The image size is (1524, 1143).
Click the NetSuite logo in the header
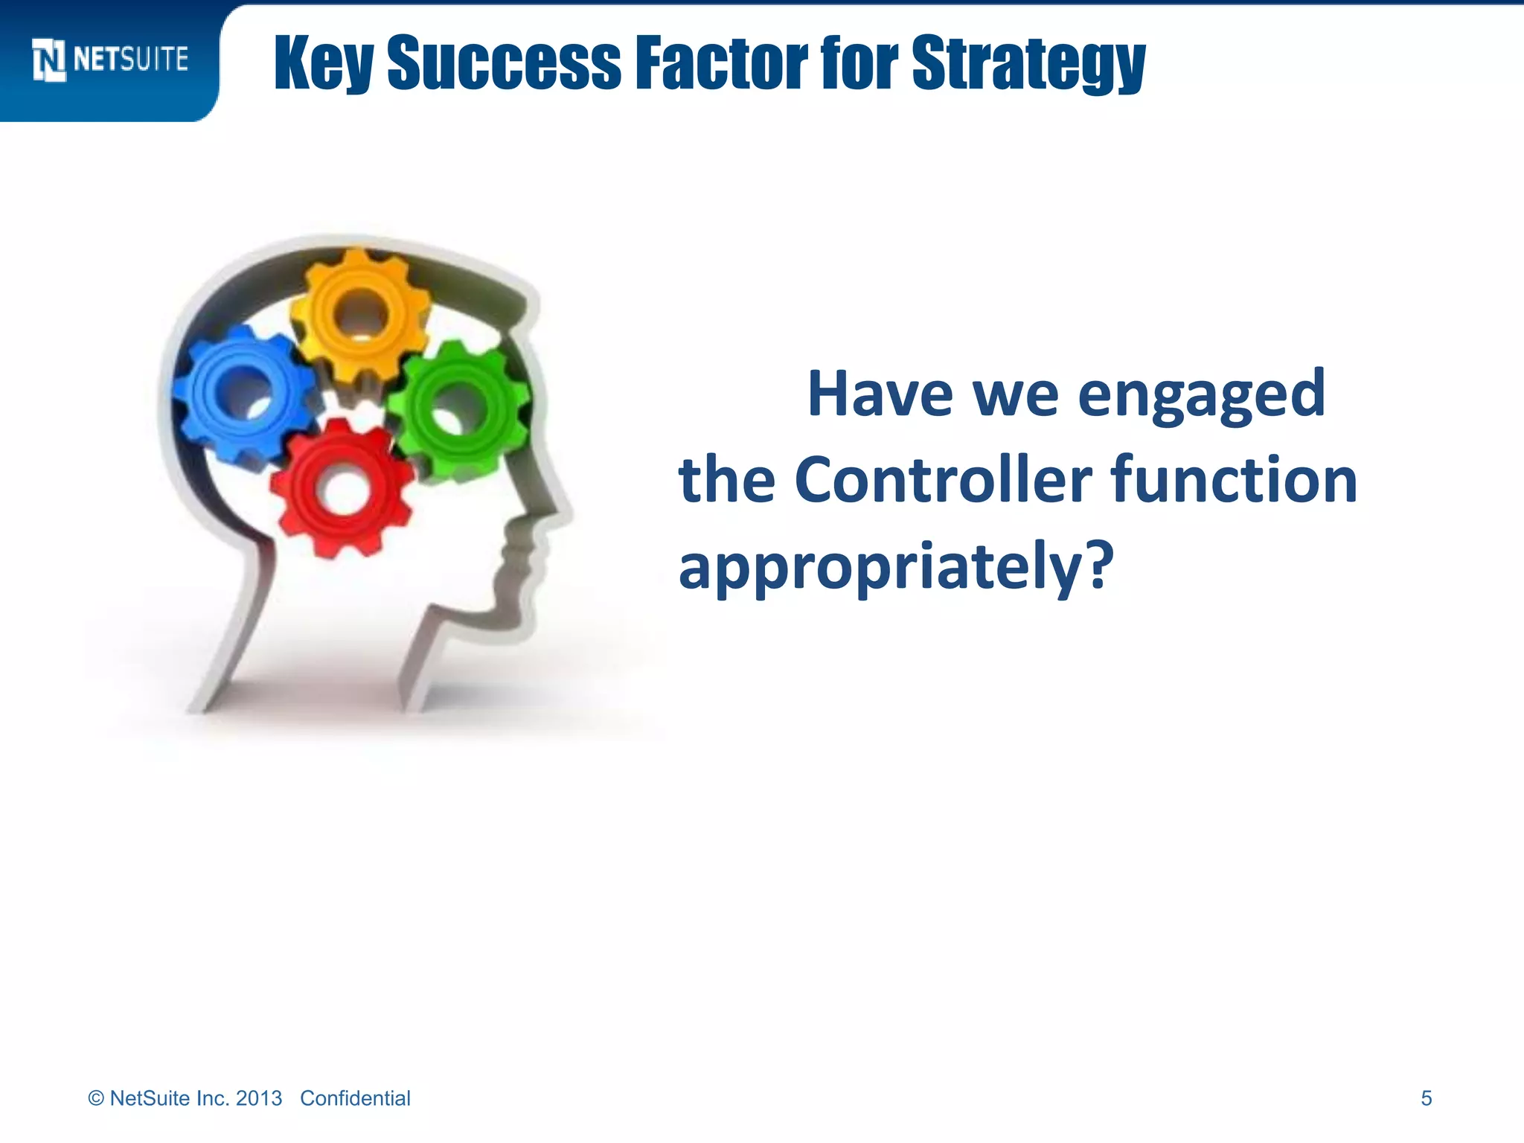pyautogui.click(x=110, y=60)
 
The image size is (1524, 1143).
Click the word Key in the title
pyautogui.click(x=323, y=64)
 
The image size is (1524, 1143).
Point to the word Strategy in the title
pyautogui.click(x=1028, y=64)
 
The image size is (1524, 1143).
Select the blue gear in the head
pyautogui.click(x=244, y=392)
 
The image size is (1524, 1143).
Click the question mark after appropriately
pyautogui.click(x=1097, y=563)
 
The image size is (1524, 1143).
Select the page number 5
pyautogui.click(x=1426, y=1098)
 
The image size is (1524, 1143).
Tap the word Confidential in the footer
pyautogui.click(x=355, y=1098)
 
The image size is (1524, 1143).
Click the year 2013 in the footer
pyautogui.click(x=259, y=1098)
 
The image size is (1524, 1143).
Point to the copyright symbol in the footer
pyautogui.click(x=96, y=1098)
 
